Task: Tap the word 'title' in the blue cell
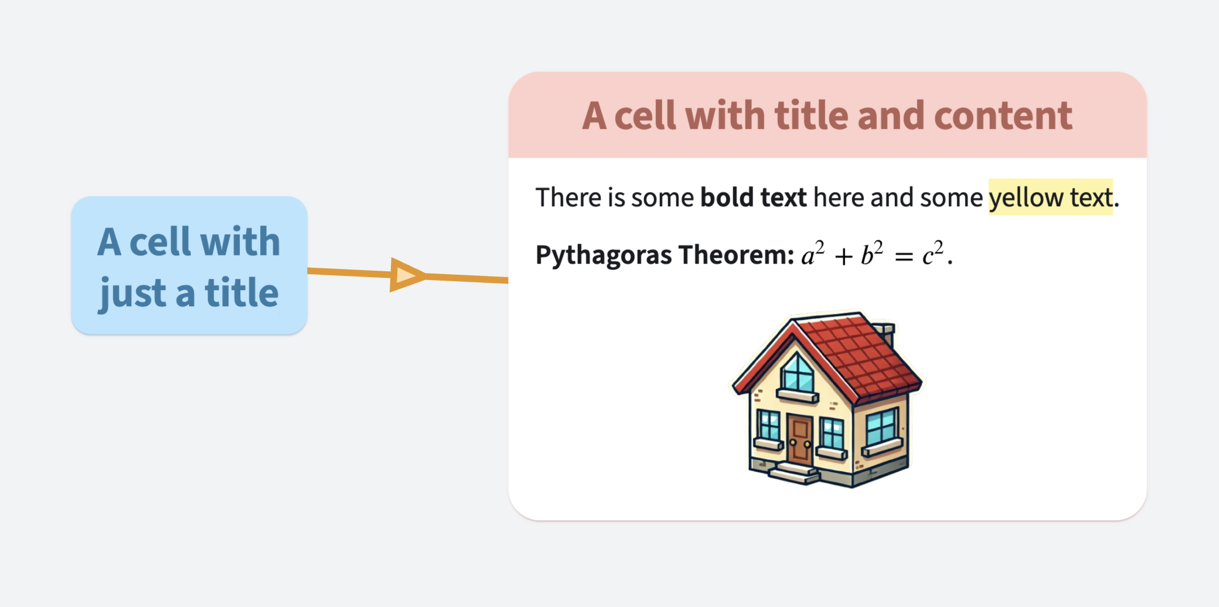[x=241, y=292]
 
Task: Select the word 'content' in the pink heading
[x=1003, y=115]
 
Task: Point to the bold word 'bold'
[x=727, y=197]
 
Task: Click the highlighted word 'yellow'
[x=1026, y=197]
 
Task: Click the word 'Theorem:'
[x=736, y=255]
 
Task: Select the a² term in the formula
[x=812, y=254]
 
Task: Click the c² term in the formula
[x=932, y=254]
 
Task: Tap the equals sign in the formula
[x=904, y=257]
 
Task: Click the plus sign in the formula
[x=843, y=257]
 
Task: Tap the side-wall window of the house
[x=881, y=427]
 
